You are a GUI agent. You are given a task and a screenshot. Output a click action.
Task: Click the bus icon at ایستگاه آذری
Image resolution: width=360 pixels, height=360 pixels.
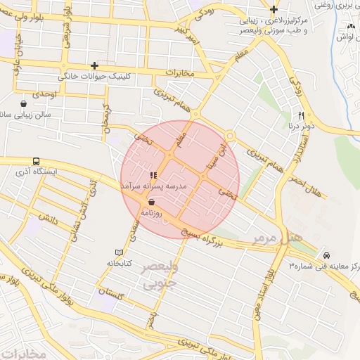(35, 160)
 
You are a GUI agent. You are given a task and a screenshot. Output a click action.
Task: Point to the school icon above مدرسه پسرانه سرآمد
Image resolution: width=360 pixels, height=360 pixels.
(153, 175)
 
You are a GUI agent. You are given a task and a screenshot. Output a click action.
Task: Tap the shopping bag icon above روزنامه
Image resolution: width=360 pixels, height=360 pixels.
(152, 201)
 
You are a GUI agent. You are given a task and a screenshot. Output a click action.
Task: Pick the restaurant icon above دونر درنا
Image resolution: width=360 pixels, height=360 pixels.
(301, 115)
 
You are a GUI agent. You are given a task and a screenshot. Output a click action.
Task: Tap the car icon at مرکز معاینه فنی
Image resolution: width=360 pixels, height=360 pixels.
(326, 254)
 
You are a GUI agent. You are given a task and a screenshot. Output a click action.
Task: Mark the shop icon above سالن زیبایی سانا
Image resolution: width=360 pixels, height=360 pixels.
(24, 103)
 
